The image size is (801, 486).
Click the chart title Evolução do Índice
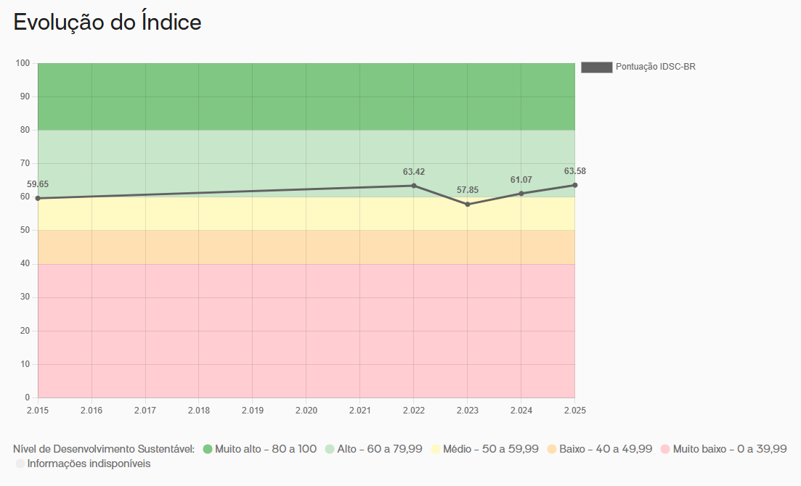click(107, 22)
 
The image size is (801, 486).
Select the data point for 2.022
click(414, 186)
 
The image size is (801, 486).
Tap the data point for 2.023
click(468, 205)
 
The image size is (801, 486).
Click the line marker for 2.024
click(521, 194)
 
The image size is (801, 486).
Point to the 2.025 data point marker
click(574, 185)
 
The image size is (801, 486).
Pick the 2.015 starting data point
click(38, 198)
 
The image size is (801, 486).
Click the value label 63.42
click(414, 173)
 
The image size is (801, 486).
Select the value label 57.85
click(468, 191)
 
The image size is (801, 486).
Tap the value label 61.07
click(521, 180)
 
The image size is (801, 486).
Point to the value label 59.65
click(38, 185)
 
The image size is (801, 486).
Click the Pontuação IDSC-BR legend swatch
click(596, 67)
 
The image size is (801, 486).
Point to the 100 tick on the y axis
click(23, 64)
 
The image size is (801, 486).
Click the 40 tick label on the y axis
click(25, 264)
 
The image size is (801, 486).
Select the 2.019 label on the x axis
click(252, 411)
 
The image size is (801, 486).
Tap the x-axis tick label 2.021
click(359, 411)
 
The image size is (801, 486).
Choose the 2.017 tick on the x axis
click(145, 411)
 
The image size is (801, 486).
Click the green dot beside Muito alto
click(208, 449)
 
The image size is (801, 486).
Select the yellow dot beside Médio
click(436, 449)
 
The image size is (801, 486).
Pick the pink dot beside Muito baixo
click(665, 449)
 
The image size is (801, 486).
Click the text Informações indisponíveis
click(89, 464)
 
